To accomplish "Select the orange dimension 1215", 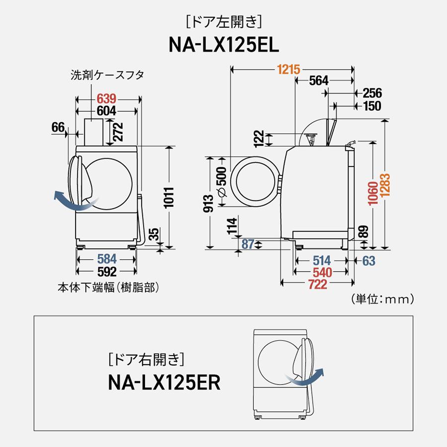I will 289,70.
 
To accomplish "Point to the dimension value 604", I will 106,111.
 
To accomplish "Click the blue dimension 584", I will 106,259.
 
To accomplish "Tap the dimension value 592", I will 106,272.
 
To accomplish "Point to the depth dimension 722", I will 318,284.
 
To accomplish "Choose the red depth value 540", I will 320,272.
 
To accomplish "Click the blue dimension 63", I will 369,261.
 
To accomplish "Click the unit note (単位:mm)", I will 382,299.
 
